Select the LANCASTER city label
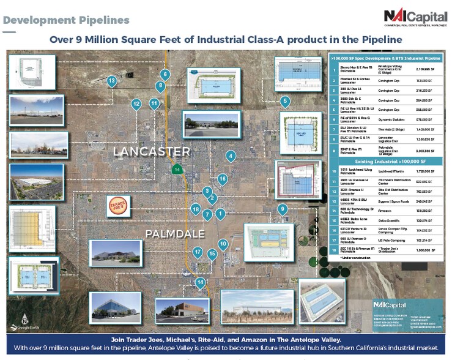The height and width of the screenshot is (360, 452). click(152, 151)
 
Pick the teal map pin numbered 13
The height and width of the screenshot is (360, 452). click(111, 81)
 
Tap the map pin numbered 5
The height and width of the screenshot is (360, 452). click(284, 102)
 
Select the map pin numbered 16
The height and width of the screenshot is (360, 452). click(222, 179)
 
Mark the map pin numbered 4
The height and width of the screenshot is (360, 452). click(231, 157)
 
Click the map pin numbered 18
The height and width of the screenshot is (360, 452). click(196, 209)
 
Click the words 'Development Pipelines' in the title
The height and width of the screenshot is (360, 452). click(66, 20)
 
